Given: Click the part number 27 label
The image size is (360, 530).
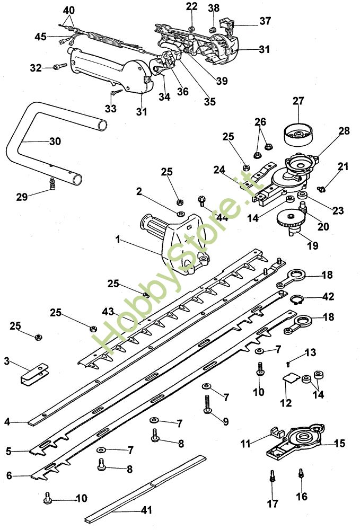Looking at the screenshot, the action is click(298, 101).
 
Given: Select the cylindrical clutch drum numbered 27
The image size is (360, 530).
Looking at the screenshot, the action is click(298, 135).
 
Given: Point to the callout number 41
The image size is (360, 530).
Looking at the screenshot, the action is click(146, 510).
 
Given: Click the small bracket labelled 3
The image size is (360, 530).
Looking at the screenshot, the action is click(34, 373).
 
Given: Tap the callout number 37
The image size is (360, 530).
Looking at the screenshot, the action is click(265, 21).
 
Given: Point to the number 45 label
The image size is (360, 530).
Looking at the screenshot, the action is click(41, 36).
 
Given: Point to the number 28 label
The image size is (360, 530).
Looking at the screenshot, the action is click(344, 130).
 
